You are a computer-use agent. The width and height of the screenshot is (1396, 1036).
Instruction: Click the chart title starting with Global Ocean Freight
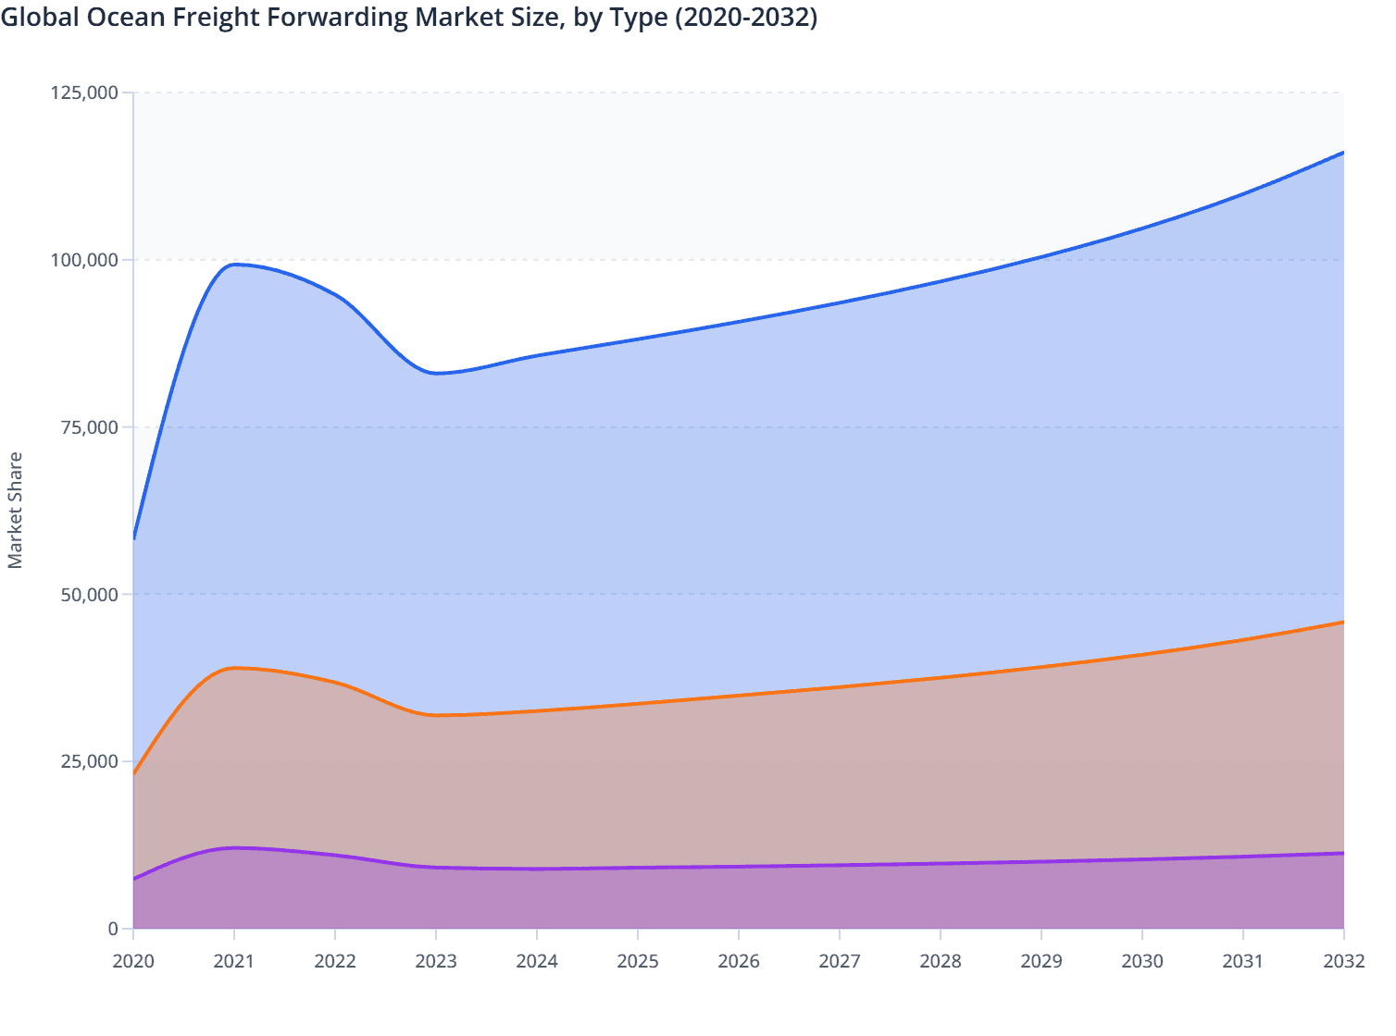point(408,18)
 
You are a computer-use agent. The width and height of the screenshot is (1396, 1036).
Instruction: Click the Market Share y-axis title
point(15,510)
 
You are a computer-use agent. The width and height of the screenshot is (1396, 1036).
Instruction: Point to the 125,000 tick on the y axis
point(84,92)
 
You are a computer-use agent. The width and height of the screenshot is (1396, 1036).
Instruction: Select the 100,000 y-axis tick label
point(84,260)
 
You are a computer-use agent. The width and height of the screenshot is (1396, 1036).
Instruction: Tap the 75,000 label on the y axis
point(89,427)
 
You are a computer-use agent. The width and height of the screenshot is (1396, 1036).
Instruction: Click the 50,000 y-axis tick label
point(89,595)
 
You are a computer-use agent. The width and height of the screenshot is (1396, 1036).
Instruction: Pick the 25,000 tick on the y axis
point(89,761)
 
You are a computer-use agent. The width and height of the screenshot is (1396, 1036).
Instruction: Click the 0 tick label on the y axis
point(113,929)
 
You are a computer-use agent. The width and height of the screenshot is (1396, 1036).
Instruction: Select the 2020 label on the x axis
point(133,961)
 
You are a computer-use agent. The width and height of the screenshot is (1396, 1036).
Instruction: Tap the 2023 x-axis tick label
point(436,961)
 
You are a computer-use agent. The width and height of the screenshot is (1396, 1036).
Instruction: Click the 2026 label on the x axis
point(739,961)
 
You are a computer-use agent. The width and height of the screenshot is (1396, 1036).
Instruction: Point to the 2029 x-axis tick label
point(1041,961)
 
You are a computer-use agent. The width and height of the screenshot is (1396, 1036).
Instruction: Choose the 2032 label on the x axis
point(1343,961)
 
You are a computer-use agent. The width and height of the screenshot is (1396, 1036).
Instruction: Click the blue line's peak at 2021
point(234,265)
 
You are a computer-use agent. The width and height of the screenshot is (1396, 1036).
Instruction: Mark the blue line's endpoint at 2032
point(1342,153)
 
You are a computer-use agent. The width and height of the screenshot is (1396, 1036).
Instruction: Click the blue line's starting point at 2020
point(134,538)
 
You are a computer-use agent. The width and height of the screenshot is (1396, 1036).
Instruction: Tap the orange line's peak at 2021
point(234,668)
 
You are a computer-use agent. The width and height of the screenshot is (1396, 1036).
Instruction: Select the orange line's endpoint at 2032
point(1342,623)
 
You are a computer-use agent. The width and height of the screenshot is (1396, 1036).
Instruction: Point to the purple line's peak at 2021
point(234,847)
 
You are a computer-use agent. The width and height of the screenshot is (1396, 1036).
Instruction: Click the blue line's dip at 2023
point(436,373)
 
